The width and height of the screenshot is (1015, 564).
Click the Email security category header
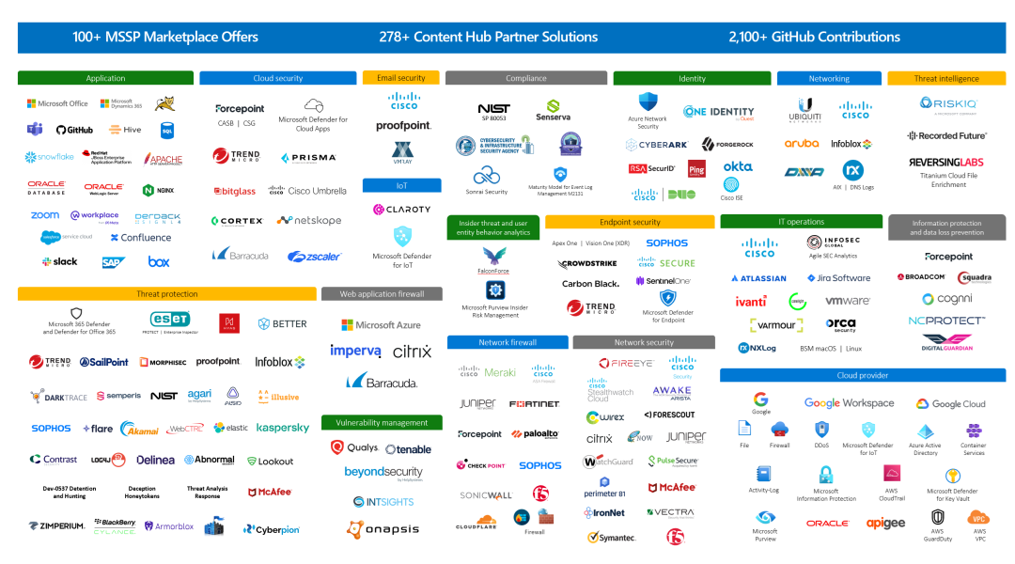point(400,78)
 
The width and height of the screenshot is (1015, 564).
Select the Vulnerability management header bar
point(381,423)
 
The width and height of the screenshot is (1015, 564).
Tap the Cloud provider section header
point(862,375)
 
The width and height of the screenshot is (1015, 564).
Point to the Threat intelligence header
point(945,78)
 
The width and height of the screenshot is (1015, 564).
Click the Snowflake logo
point(49,157)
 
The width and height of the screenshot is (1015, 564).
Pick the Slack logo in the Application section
point(60,261)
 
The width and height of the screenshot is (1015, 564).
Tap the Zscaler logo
point(314,256)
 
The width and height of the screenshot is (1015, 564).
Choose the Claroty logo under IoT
point(401,210)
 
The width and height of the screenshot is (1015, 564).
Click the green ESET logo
point(170,320)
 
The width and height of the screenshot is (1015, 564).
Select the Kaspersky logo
point(283,428)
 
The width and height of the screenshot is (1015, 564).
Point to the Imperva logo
point(355,352)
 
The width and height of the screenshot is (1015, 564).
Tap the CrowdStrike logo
point(587,264)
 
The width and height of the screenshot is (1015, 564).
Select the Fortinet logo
point(535,404)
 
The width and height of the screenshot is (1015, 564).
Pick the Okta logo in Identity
point(738,166)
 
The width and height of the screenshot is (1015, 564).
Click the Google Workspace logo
point(849,403)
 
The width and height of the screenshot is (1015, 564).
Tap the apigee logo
point(885,523)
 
